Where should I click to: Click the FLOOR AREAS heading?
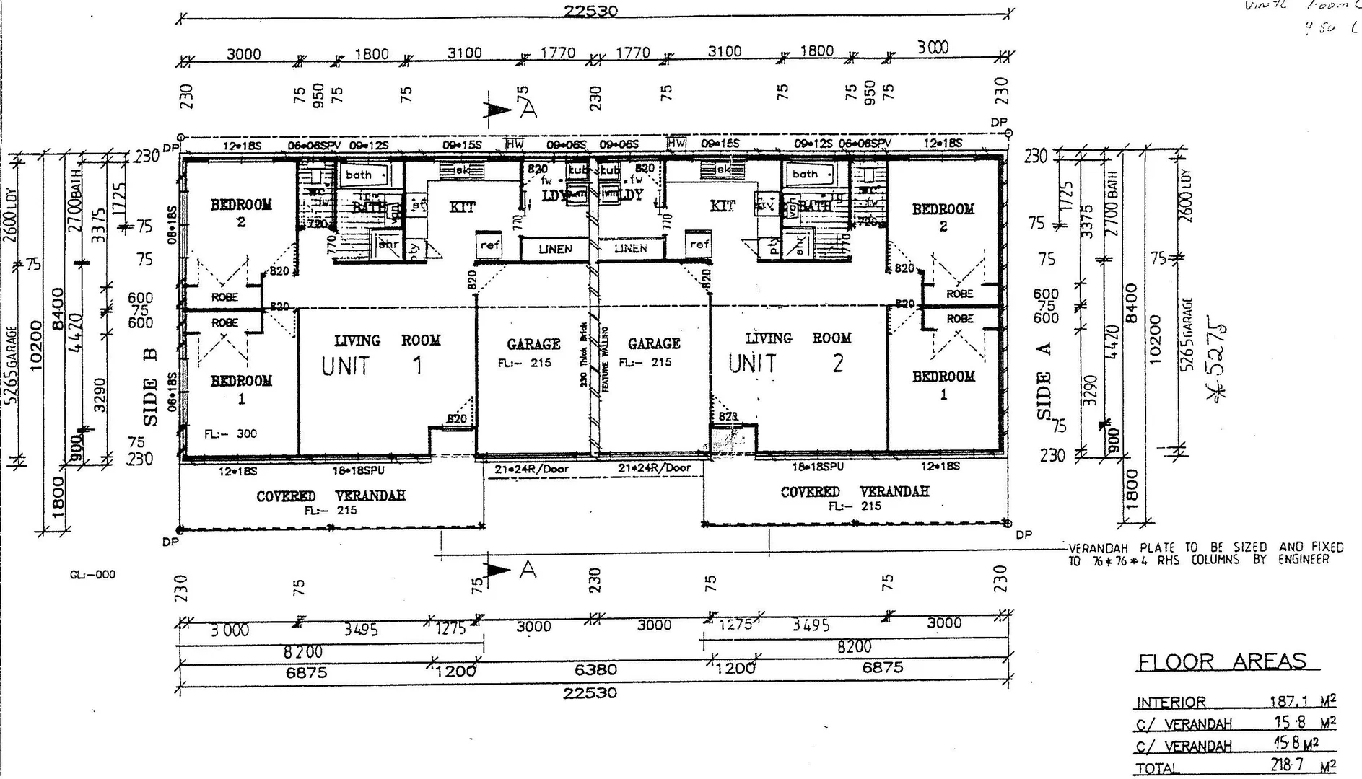click(x=1222, y=661)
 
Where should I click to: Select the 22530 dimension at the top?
click(x=591, y=11)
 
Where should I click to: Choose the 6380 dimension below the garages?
click(x=595, y=670)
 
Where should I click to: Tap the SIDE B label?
click(x=150, y=391)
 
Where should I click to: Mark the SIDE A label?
click(x=1044, y=380)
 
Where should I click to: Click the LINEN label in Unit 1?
click(x=555, y=249)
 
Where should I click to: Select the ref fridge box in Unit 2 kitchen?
click(x=699, y=245)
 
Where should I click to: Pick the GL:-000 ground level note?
click(x=92, y=575)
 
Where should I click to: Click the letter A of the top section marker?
click(x=529, y=110)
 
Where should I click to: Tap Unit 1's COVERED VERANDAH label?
click(x=331, y=496)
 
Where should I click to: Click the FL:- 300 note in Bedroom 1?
click(x=230, y=433)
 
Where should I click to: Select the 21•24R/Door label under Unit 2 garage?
click(x=654, y=467)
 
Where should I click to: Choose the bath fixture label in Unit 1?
click(x=359, y=175)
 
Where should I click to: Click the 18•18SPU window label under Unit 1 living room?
click(x=358, y=470)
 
